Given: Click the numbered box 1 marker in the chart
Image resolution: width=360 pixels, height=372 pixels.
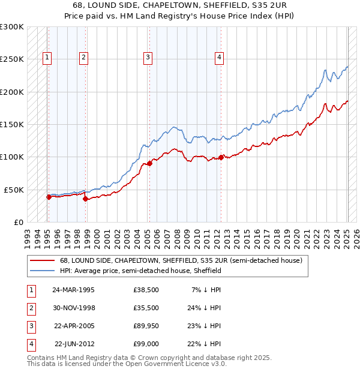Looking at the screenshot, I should pyautogui.click(x=47, y=58).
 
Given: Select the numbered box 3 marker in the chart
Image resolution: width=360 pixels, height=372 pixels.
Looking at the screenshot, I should pyautogui.click(x=148, y=58).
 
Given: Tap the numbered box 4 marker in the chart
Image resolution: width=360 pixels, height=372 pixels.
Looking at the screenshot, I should pyautogui.click(x=220, y=58).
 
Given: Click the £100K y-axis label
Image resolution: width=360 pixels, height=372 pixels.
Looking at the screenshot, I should pyautogui.click(x=12, y=157).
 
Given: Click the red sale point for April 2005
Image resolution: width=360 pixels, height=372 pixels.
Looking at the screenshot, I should pyautogui.click(x=150, y=163).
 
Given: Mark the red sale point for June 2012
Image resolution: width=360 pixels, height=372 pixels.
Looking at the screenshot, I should pyautogui.click(x=221, y=157).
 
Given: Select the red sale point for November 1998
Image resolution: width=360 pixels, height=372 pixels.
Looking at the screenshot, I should pyautogui.click(x=86, y=199).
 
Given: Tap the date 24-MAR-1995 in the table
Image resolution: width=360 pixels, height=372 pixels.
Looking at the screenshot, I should pyautogui.click(x=73, y=290).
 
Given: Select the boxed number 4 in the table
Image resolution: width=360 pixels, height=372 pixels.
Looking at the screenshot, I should pyautogui.click(x=31, y=344).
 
